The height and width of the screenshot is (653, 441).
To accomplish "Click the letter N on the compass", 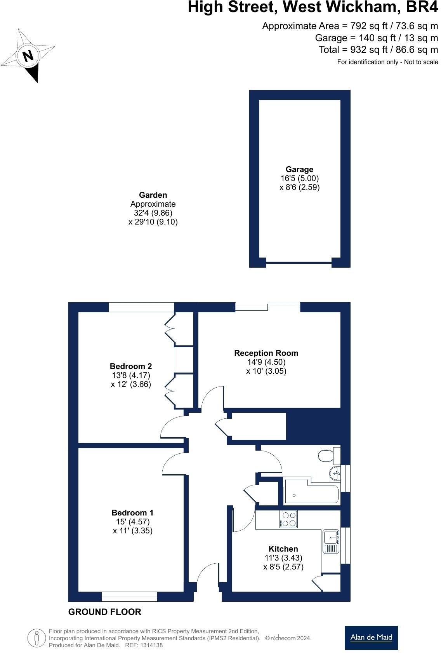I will (28, 56).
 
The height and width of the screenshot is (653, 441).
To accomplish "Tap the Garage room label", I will (299, 169).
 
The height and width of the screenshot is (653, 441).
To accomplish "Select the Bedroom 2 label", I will (131, 366).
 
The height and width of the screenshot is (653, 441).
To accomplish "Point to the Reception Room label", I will (266, 353).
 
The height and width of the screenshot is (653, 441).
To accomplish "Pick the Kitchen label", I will (283, 549).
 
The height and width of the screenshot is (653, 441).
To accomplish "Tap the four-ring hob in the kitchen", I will (288, 519).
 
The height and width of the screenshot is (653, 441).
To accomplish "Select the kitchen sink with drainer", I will (331, 541).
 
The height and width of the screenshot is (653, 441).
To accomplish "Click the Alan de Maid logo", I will (371, 637).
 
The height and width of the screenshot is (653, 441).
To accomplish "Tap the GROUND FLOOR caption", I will (104, 612).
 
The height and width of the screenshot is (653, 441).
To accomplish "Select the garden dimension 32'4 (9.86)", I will (153, 213).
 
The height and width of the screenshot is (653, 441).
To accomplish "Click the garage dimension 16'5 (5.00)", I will (299, 178).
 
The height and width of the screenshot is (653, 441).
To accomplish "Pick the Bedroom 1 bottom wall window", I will (129, 596).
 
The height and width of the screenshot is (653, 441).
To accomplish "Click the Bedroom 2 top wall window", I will (141, 307).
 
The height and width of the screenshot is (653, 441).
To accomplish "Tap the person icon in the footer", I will (36, 637).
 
